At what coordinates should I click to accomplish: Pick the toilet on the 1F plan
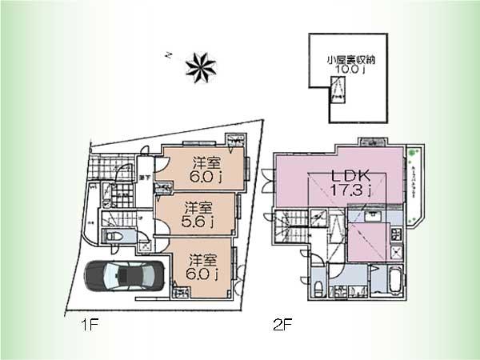click(x=112, y=237)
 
